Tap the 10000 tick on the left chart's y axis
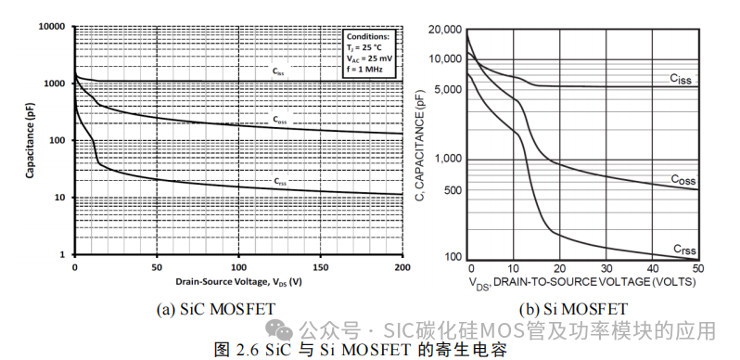click(51, 27)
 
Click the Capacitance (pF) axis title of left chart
click(30, 140)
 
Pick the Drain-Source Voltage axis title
click(239, 279)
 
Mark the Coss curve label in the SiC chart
click(279, 120)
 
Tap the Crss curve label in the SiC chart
click(279, 182)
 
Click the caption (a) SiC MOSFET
click(238, 308)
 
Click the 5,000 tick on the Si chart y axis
click(448, 90)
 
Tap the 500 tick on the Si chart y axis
click(452, 191)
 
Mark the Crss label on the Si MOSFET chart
click(684, 249)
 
